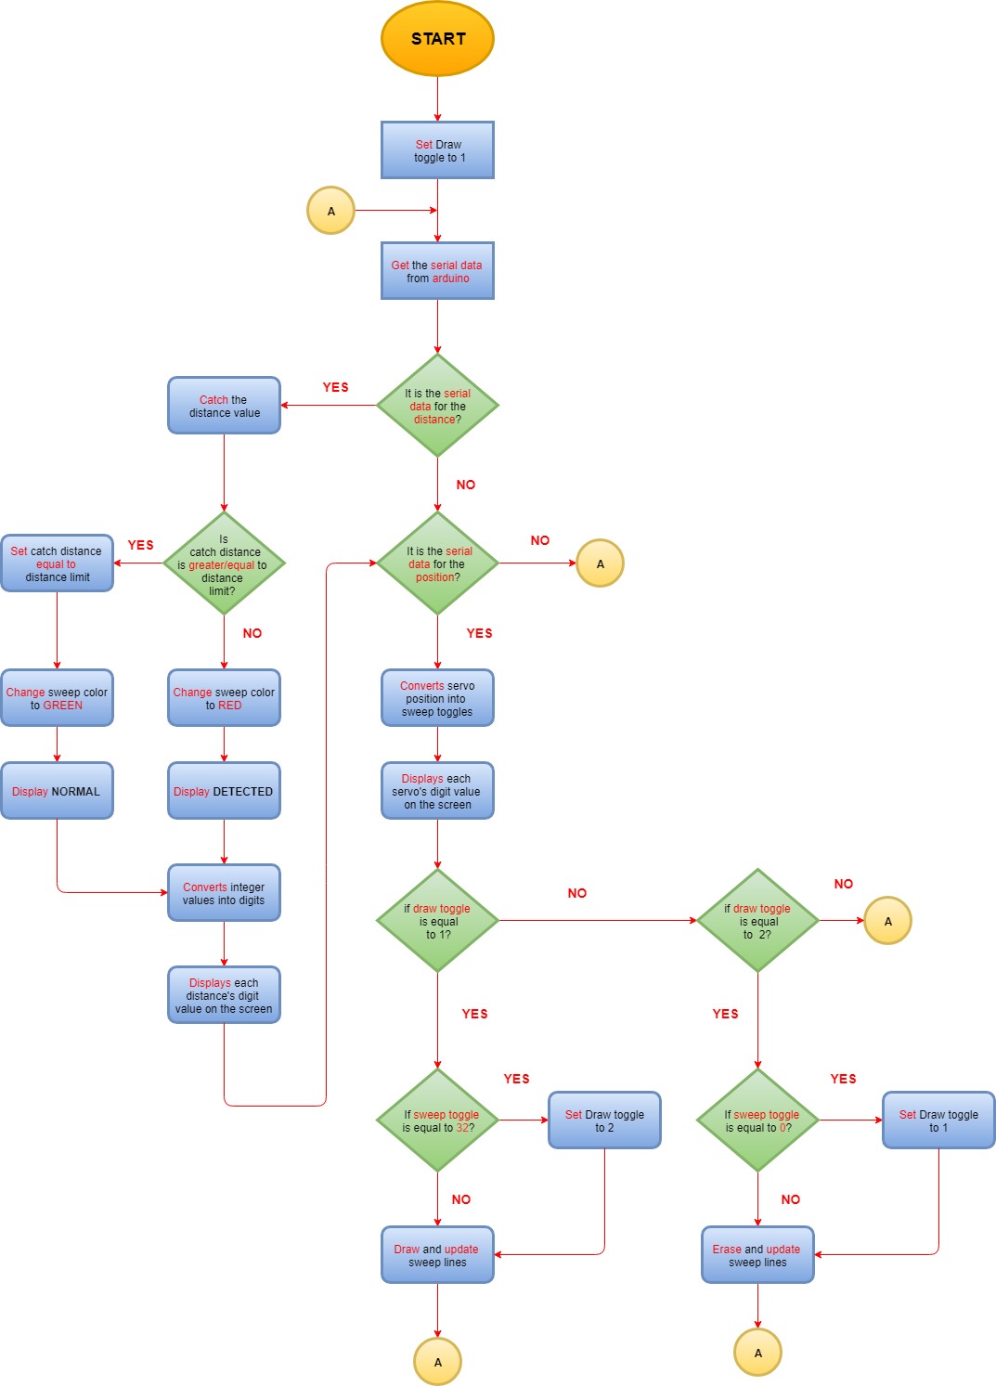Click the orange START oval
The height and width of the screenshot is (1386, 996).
(x=437, y=39)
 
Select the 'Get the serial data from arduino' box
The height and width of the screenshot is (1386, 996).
(x=437, y=271)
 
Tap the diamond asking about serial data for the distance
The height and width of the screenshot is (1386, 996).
(x=437, y=406)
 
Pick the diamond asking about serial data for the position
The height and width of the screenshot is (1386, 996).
(x=437, y=563)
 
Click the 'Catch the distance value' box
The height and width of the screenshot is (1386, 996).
(x=224, y=406)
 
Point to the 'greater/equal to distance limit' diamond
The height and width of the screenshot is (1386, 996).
(x=224, y=563)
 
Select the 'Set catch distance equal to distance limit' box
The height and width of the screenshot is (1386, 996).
(x=57, y=563)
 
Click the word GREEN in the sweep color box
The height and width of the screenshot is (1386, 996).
(x=63, y=706)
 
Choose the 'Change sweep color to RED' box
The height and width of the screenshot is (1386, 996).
(x=224, y=698)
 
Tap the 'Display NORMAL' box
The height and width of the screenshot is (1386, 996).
(x=57, y=791)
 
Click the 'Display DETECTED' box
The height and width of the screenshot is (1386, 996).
(x=224, y=791)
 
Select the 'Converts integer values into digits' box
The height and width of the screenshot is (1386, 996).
(x=224, y=893)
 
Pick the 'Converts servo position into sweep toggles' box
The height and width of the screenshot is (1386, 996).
(x=437, y=698)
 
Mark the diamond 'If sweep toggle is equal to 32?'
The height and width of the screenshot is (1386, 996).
(x=437, y=1120)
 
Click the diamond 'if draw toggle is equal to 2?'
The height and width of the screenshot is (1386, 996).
(x=757, y=921)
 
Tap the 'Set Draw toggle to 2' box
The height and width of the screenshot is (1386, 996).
(x=604, y=1120)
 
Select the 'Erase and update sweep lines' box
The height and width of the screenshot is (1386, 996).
(x=757, y=1255)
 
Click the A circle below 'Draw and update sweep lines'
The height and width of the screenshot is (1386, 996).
(x=437, y=1362)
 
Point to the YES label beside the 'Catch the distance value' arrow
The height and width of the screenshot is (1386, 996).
(x=335, y=387)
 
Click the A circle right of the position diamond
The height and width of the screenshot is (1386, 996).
(x=600, y=563)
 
